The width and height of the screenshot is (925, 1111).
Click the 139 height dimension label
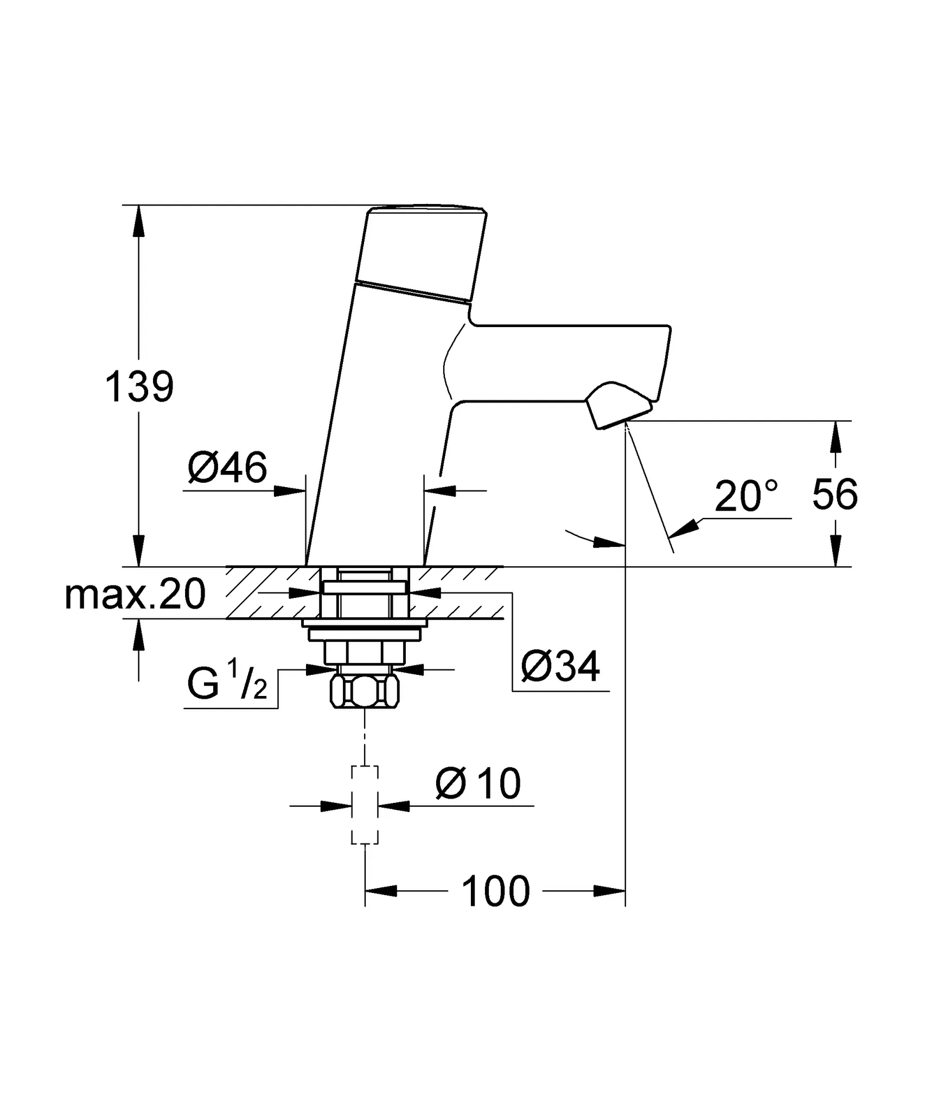[139, 387]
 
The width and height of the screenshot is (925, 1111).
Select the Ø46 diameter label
[227, 467]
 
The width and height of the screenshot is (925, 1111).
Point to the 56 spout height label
[834, 495]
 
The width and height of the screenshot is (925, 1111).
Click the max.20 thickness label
[135, 595]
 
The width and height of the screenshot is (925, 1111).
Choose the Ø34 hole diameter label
[560, 666]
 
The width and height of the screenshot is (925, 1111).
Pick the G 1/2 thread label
[227, 685]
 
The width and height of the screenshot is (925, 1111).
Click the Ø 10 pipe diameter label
[478, 784]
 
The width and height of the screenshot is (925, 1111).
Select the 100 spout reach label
[495, 891]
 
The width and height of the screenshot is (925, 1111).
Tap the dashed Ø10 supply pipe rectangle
[365, 805]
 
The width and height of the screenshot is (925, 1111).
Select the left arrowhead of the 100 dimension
[380, 891]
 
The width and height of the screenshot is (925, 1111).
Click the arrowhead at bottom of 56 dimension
[835, 551]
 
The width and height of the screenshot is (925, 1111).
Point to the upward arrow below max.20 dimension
[139, 635]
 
